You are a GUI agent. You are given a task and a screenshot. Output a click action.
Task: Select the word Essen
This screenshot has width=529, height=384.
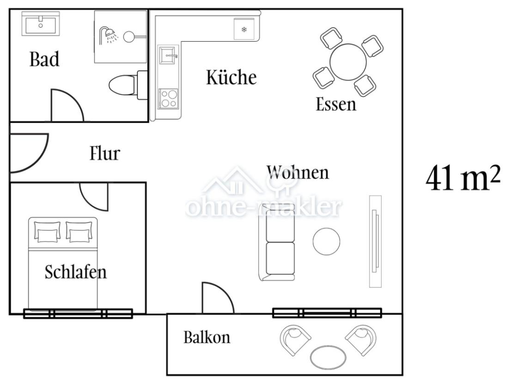(x=336, y=104)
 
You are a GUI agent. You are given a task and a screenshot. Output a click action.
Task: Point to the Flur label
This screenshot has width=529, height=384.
(x=104, y=153)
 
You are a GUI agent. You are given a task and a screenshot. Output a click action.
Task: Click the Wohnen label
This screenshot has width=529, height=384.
(x=298, y=172)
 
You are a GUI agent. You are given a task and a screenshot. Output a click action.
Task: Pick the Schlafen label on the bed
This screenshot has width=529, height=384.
(x=75, y=272)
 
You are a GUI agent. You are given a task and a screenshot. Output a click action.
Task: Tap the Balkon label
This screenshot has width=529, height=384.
(x=207, y=337)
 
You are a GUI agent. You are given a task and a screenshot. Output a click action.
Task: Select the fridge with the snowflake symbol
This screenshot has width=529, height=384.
(x=244, y=30)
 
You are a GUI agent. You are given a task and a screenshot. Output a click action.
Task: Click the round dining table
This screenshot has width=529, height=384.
(x=348, y=62)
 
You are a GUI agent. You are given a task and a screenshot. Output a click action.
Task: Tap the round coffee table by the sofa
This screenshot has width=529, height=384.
(x=326, y=241)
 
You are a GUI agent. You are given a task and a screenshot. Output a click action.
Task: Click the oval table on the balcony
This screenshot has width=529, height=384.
(x=328, y=357)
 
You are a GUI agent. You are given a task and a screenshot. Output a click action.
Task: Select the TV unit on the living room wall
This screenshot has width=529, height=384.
(x=375, y=241)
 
